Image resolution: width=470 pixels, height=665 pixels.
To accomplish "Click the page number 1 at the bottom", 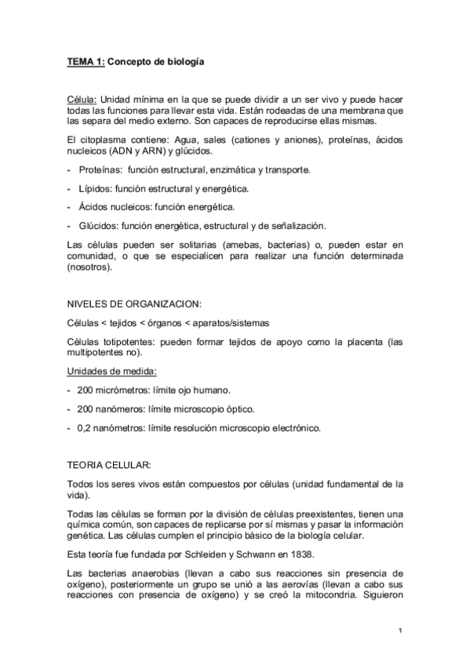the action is pos(400,631).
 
